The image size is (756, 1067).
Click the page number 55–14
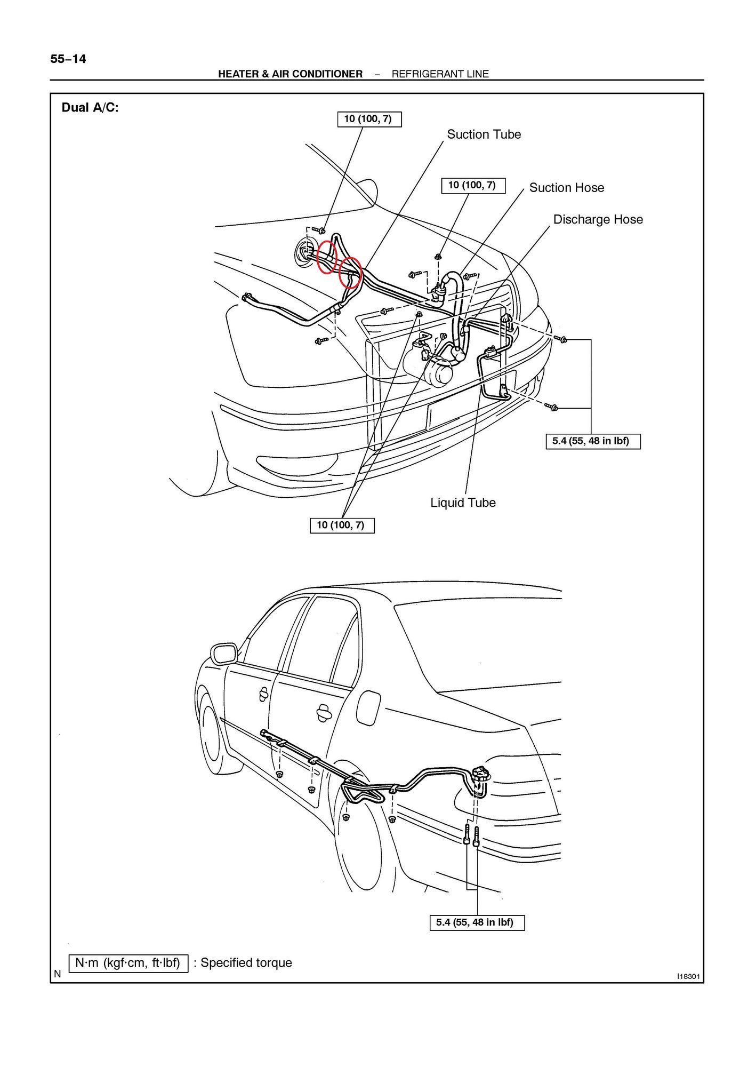[x=68, y=59]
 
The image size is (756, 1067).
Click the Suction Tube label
[x=484, y=134]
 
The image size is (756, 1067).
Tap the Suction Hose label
[x=566, y=188]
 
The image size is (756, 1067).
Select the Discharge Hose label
[x=598, y=220]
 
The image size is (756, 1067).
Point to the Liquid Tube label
[x=463, y=503]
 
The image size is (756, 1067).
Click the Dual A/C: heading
[x=90, y=108]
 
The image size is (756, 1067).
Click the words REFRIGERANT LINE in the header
[x=440, y=74]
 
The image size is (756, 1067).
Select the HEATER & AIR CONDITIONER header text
[x=290, y=74]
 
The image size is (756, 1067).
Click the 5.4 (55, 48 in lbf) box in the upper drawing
[x=592, y=441]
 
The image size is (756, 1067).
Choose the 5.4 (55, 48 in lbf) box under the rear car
[x=477, y=922]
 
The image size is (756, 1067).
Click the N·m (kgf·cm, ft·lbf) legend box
[x=128, y=962]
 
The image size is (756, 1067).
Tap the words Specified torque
[x=246, y=963]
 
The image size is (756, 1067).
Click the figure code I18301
[x=688, y=976]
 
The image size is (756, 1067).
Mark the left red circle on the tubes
[x=326, y=257]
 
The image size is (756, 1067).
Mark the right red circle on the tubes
[x=351, y=272]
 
